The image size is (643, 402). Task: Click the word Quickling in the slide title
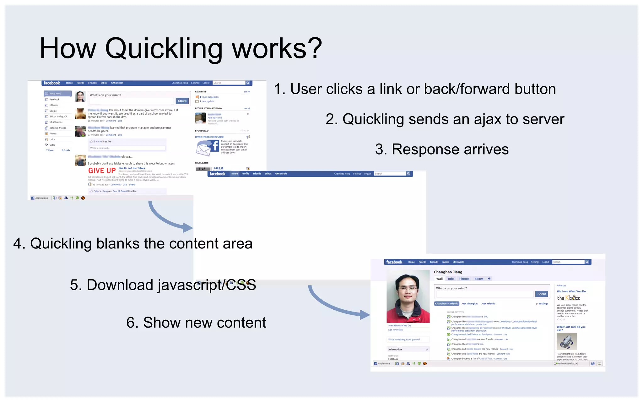(x=163, y=49)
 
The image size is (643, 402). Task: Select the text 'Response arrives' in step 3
(x=450, y=149)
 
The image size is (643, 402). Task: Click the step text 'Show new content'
(x=204, y=323)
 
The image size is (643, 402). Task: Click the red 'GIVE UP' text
(x=102, y=171)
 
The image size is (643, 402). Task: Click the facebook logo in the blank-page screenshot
(x=217, y=174)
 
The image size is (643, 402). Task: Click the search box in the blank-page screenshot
(x=390, y=174)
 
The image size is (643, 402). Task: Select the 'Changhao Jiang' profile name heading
(x=448, y=272)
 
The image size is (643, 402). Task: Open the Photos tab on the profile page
(x=464, y=279)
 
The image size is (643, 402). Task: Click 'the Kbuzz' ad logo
(x=568, y=298)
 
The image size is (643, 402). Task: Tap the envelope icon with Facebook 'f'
(x=207, y=148)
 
